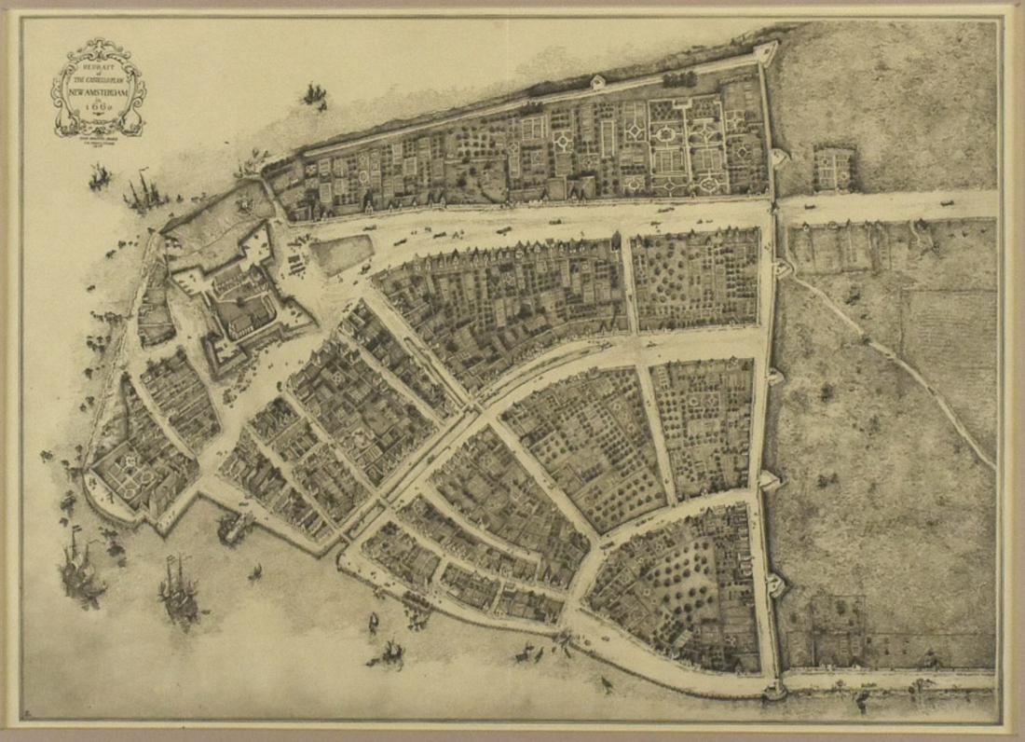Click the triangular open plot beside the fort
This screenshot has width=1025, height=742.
[x=340, y=254]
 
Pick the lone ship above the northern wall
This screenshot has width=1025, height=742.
[x=314, y=94]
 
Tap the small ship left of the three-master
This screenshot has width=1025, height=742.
[x=100, y=176]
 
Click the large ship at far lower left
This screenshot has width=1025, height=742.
[x=79, y=570]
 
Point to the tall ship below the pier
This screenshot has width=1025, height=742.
[x=179, y=589]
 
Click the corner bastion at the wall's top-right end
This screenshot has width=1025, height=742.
[x=766, y=52]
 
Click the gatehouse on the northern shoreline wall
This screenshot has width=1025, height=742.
[x=596, y=82]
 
